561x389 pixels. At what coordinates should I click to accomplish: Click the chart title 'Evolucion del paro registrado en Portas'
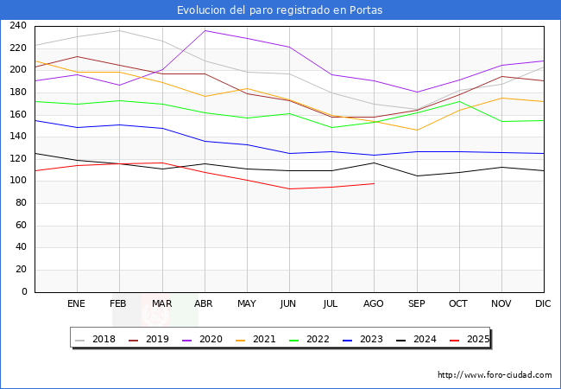(280, 10)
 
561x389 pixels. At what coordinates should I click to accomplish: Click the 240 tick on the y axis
(17, 26)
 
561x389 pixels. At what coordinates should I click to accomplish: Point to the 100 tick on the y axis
(17, 181)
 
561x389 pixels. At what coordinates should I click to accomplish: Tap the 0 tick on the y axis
(23, 292)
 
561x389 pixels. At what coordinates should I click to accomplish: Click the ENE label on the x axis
(76, 303)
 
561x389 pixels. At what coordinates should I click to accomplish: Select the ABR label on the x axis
(204, 303)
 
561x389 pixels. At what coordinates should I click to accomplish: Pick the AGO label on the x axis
(374, 303)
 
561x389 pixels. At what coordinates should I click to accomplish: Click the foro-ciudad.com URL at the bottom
(495, 375)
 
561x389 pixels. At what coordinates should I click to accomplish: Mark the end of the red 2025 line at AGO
(374, 183)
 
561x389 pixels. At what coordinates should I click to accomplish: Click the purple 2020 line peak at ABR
(204, 30)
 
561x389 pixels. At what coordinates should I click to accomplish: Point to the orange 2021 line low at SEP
(416, 131)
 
